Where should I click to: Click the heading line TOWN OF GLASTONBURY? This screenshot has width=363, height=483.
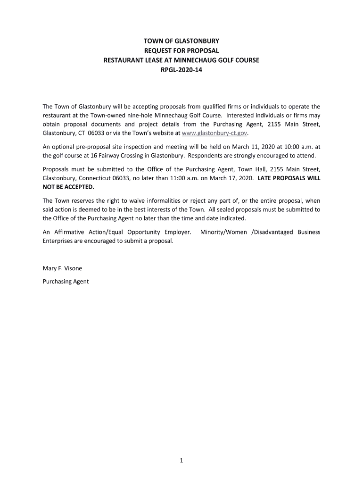tap(181, 41)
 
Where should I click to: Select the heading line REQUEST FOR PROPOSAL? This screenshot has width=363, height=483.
tap(181, 51)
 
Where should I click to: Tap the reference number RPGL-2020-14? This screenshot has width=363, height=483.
tap(181, 71)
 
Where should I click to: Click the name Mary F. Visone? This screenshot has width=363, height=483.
tap(62, 268)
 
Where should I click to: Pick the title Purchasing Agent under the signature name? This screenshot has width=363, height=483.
tap(66, 282)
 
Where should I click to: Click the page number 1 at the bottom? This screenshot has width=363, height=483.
tap(181, 461)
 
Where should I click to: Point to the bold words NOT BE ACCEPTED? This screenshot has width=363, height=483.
tap(65, 187)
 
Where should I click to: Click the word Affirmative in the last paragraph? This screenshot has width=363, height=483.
tap(70, 232)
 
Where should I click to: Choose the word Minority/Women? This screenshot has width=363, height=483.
tap(222, 232)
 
